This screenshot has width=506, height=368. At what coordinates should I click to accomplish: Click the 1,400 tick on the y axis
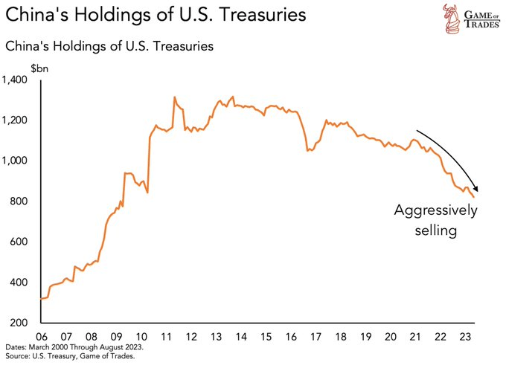pos(16,80)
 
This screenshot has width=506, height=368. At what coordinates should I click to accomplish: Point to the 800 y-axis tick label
pos(20,201)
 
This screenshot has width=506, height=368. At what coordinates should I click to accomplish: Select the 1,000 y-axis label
pos(16,161)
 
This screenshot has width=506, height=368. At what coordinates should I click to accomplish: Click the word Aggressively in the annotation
pos(435,212)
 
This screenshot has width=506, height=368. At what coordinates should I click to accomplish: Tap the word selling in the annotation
pos(435,231)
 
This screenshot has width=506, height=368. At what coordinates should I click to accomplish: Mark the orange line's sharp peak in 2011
pos(174,97)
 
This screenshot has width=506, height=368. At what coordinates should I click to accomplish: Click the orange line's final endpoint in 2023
pos(474,197)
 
